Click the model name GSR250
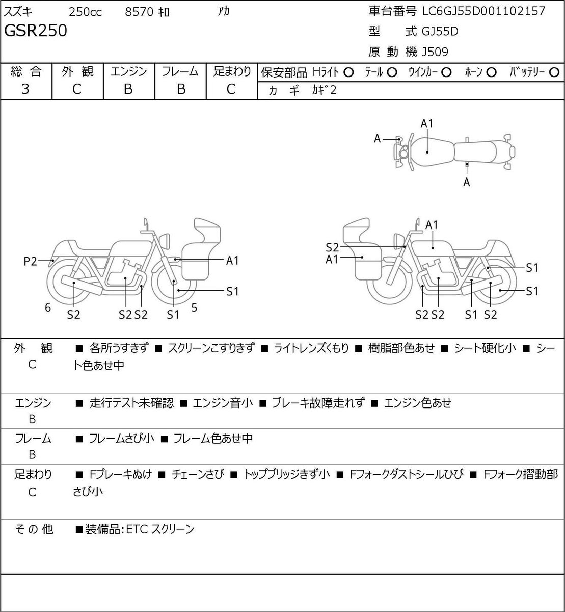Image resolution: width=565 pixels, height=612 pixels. tap(36, 31)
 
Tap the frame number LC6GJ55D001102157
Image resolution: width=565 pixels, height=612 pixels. tap(483, 11)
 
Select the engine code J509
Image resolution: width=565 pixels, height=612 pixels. tap(435, 52)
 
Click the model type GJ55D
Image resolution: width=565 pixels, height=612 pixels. tap(440, 32)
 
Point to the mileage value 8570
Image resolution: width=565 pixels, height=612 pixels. tap(139, 12)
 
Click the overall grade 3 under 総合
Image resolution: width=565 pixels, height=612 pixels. tap(25, 89)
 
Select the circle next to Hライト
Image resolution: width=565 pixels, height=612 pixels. tap(348, 72)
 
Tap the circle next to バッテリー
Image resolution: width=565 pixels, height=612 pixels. tap(554, 72)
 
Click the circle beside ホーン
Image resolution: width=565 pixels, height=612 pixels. tap(491, 72)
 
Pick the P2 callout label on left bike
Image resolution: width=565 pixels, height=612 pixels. tap(30, 261)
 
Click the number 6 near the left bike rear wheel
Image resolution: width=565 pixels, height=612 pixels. tap(48, 307)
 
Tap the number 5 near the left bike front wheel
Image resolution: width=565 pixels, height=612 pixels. tap(194, 307)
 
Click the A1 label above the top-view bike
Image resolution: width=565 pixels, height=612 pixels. tap(427, 124)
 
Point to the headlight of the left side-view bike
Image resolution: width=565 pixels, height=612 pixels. tap(165, 241)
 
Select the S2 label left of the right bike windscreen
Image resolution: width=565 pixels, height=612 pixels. tap(332, 247)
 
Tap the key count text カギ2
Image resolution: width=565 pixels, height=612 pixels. tap(324, 90)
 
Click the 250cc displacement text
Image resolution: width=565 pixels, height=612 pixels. tap(85, 12)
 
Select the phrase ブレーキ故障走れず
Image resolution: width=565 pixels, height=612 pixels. tap(319, 403)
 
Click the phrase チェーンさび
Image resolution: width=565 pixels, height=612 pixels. tap(198, 474)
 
